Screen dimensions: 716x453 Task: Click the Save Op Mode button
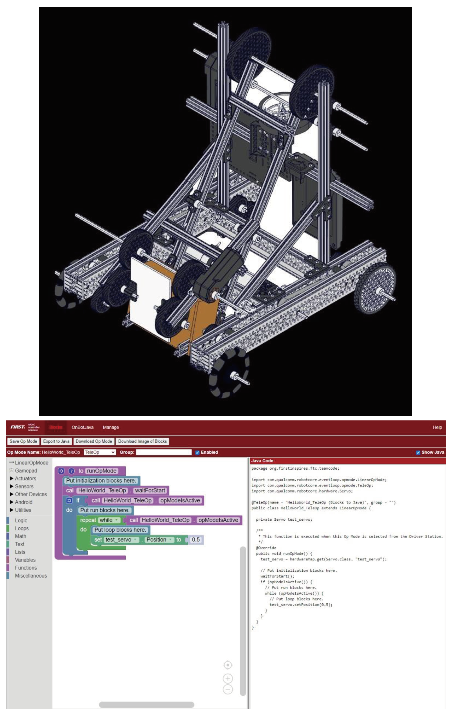click(23, 441)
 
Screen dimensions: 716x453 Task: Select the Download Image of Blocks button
click(142, 441)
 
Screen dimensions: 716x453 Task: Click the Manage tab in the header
click(111, 427)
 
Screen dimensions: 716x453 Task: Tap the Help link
click(437, 427)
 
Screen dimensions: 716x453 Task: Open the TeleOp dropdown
click(100, 452)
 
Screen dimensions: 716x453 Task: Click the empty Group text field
click(164, 452)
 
